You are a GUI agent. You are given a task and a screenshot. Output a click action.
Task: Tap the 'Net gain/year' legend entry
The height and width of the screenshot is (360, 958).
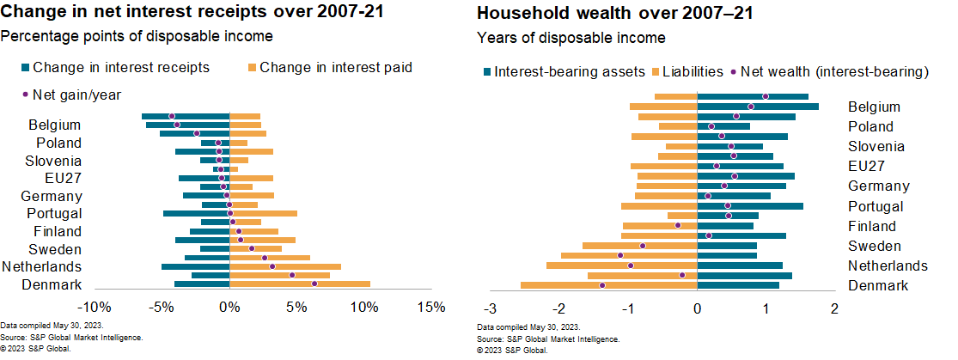pyautogui.click(x=69, y=95)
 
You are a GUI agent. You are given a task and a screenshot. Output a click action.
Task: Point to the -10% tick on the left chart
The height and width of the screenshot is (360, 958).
pyautogui.click(x=94, y=308)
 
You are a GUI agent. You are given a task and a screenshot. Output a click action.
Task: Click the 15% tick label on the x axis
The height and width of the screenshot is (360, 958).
pyautogui.click(x=430, y=308)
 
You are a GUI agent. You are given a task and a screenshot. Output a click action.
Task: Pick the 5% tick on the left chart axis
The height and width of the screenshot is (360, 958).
pyautogui.click(x=296, y=308)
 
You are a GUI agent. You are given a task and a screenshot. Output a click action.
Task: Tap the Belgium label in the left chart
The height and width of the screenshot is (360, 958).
pyautogui.click(x=55, y=125)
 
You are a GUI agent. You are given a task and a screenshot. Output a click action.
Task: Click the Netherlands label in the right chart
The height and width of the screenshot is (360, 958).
pyautogui.click(x=888, y=265)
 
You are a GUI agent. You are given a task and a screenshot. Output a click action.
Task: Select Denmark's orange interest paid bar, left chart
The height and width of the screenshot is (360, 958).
pyautogui.click(x=300, y=284)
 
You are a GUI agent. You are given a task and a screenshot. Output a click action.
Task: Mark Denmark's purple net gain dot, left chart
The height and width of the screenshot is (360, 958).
pyautogui.click(x=314, y=284)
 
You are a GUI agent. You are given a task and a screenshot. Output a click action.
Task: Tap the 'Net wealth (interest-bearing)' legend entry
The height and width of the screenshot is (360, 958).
pyautogui.click(x=834, y=72)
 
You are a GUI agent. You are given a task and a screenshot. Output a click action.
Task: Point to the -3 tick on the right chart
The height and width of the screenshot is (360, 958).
pyautogui.click(x=490, y=308)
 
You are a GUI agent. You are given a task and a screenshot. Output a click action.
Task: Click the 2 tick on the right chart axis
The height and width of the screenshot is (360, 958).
pyautogui.click(x=834, y=308)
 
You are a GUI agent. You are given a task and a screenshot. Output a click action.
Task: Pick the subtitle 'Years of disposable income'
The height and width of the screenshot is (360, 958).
pyautogui.click(x=571, y=38)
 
